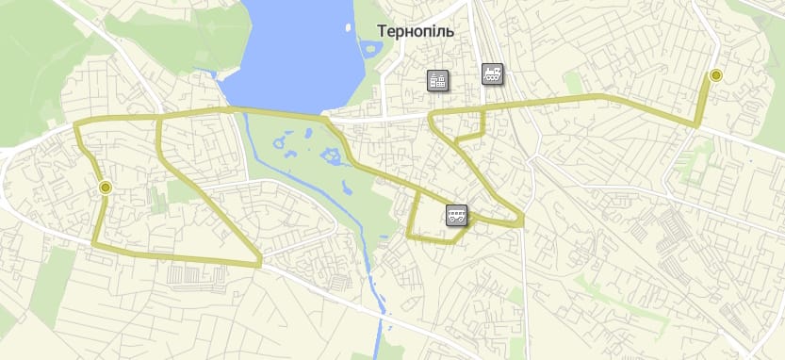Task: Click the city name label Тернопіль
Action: tap(416, 31)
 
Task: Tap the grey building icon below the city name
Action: tap(437, 80)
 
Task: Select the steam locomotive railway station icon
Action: tap(492, 74)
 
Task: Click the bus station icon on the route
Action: tap(456, 217)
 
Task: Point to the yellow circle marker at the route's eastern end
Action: tap(715, 75)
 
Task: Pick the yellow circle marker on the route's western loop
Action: tap(105, 188)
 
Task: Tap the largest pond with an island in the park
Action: tap(333, 155)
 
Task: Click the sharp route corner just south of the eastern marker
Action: tap(696, 124)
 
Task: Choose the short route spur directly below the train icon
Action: tap(482, 123)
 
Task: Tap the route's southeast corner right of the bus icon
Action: tap(522, 222)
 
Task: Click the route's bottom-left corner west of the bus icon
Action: tap(409, 236)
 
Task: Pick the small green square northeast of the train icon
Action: tap(573, 83)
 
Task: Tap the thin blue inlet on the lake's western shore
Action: tap(215, 74)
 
